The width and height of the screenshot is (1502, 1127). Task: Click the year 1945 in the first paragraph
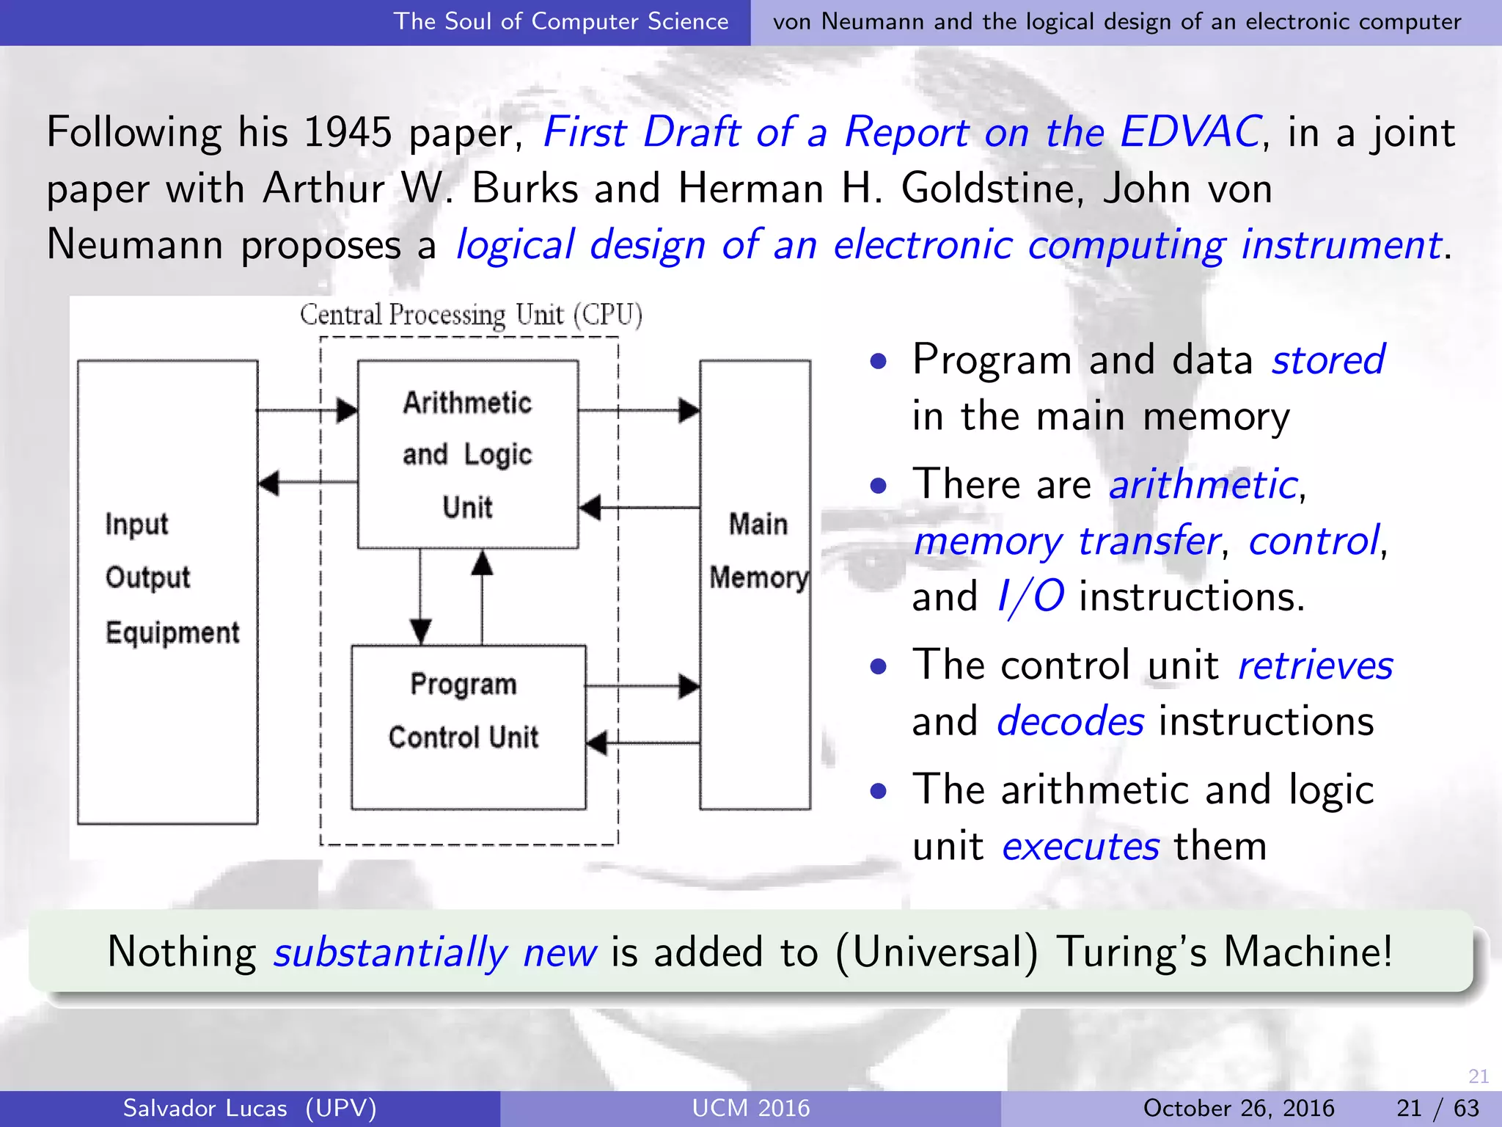tap(347, 133)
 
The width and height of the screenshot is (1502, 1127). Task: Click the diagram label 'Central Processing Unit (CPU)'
tap(471, 315)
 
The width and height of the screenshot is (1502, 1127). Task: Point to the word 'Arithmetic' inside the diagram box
tap(467, 403)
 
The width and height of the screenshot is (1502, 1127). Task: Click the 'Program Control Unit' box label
tap(464, 710)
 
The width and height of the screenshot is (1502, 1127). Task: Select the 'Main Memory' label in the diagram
tap(758, 550)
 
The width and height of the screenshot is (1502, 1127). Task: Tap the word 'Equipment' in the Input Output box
tap(172, 632)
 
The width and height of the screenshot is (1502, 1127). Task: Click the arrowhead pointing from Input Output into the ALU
tap(346, 410)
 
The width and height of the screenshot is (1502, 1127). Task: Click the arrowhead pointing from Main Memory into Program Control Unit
tap(598, 743)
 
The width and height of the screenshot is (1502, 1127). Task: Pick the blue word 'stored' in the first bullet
tap(1327, 360)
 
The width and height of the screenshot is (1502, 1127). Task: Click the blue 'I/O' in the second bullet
tap(1030, 596)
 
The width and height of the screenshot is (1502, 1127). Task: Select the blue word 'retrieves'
tap(1315, 665)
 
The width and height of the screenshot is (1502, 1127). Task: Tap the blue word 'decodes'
tap(1070, 721)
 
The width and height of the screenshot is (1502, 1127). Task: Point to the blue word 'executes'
tap(1080, 847)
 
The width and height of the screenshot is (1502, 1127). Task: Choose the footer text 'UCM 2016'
tap(751, 1108)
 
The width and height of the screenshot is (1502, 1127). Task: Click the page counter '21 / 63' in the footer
tap(1437, 1108)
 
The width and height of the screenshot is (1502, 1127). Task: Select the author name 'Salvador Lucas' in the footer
tap(205, 1108)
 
